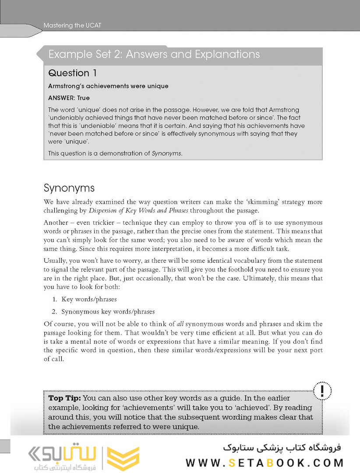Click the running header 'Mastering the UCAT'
point(72,25)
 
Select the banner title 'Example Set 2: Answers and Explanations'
point(154,55)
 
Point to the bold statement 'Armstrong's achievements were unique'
point(108,86)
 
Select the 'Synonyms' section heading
point(69,188)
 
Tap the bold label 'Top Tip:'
point(64,398)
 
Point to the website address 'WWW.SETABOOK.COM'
point(265,462)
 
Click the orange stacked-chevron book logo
point(123,458)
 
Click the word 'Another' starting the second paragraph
point(56,222)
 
